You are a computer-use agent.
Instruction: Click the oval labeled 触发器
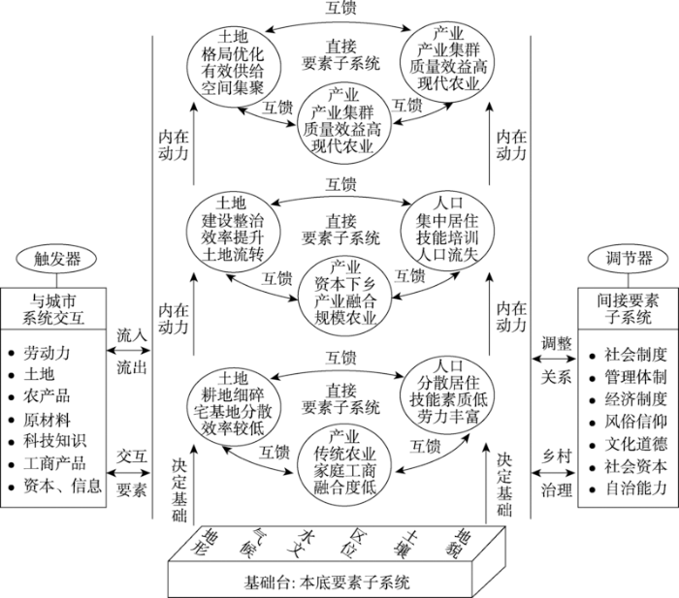pyautogui.click(x=57, y=259)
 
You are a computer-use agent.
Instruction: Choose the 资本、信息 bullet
pyautogui.click(x=59, y=486)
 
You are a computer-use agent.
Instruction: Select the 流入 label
pyautogui.click(x=132, y=335)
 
